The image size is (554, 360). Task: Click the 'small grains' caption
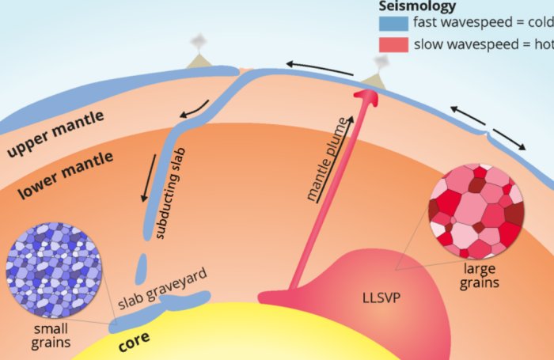(48, 335)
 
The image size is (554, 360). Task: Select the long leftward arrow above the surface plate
(320, 68)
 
